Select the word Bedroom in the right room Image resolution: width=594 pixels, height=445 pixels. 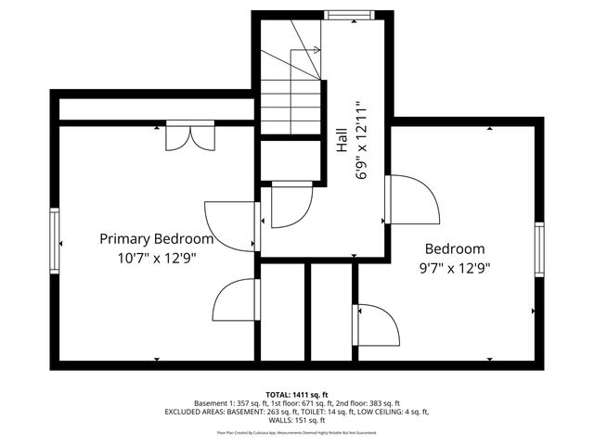tap(455, 248)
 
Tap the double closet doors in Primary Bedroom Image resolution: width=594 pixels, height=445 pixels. tap(189, 137)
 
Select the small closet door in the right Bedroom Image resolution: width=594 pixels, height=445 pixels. tap(376, 324)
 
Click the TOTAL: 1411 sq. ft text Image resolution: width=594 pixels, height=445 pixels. tap(297, 394)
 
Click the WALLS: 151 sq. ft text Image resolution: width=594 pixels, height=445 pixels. tap(297, 422)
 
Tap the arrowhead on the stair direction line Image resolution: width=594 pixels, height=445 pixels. tap(317, 50)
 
